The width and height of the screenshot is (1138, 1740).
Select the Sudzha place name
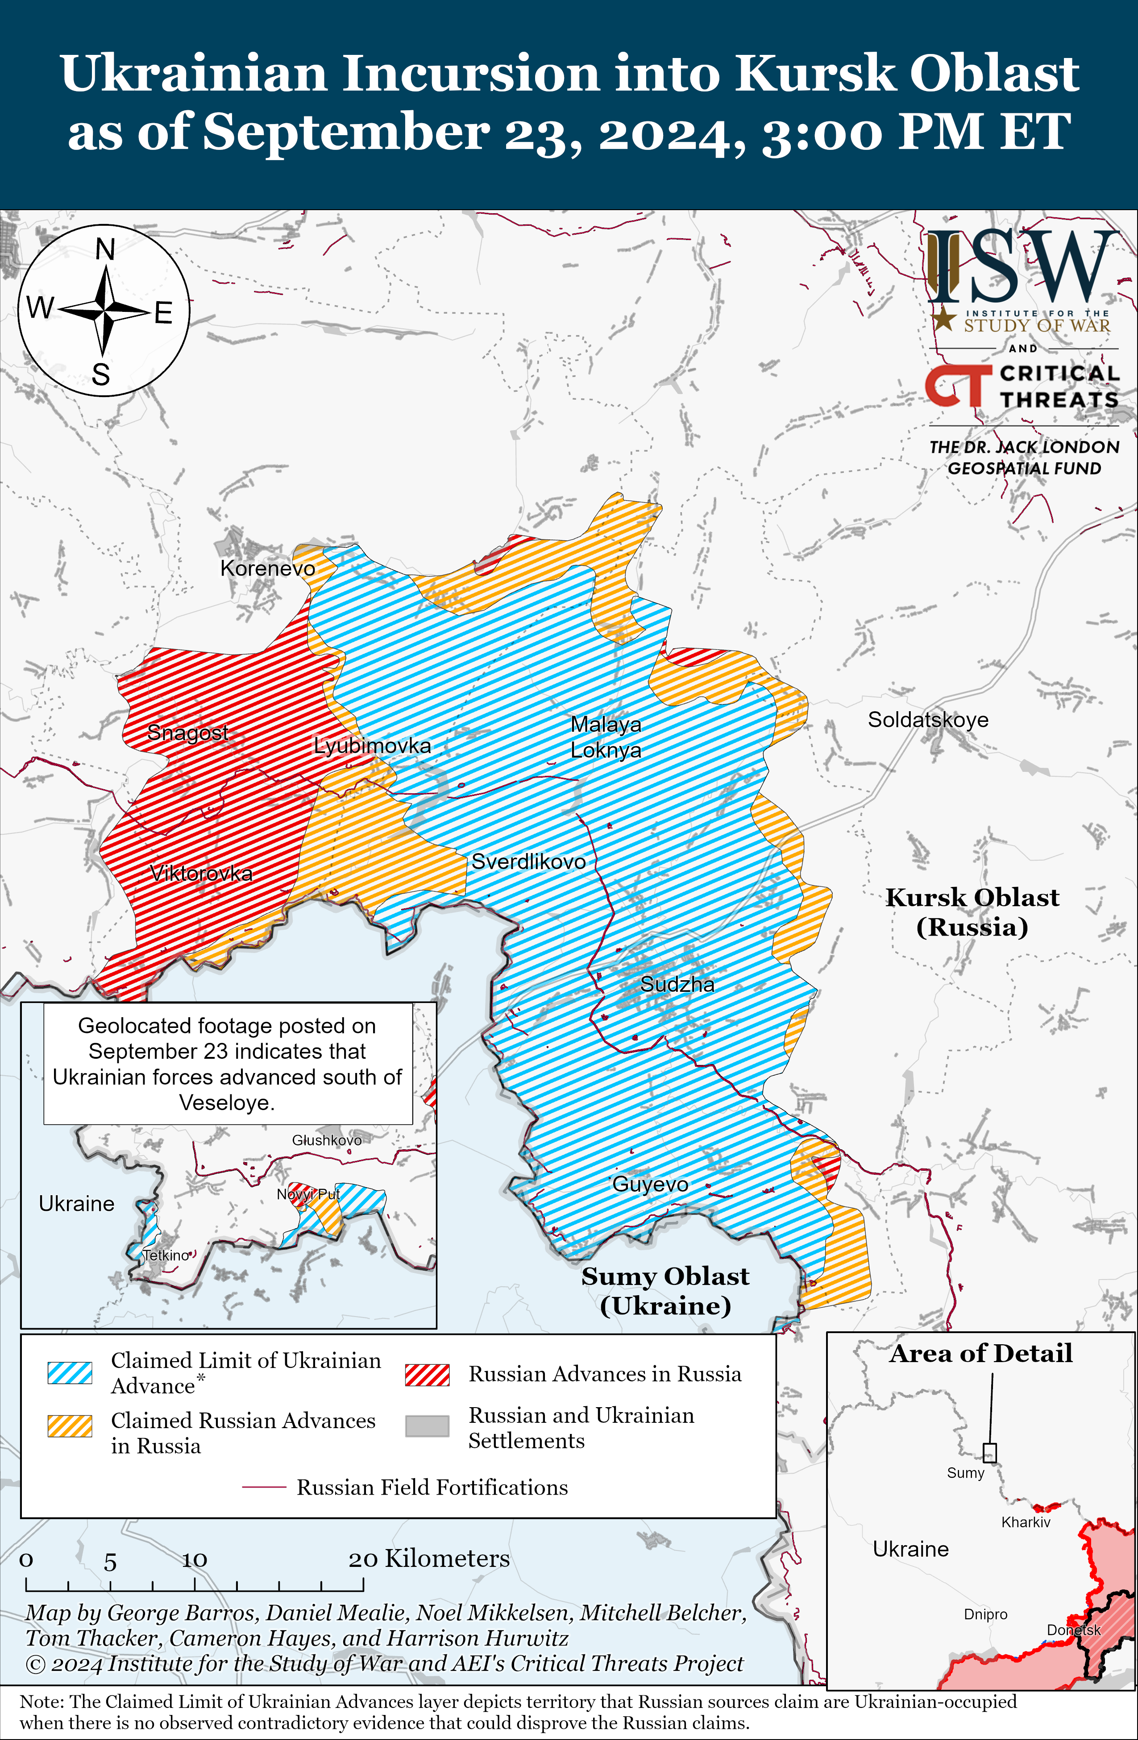click(677, 984)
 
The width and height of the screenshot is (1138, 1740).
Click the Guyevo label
click(650, 1185)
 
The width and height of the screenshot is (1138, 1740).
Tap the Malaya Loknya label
click(606, 737)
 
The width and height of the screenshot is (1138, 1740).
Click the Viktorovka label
click(201, 873)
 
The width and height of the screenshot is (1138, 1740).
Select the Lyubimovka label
click(372, 746)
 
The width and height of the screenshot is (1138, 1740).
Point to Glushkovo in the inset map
click(327, 1140)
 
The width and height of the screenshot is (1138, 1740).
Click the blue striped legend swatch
click(70, 1373)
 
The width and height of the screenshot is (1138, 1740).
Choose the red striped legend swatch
click(427, 1375)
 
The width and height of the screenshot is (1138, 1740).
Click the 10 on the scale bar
click(195, 1560)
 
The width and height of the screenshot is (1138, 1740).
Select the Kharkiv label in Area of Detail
click(1026, 1522)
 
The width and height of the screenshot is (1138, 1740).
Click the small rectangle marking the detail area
click(989, 1452)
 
